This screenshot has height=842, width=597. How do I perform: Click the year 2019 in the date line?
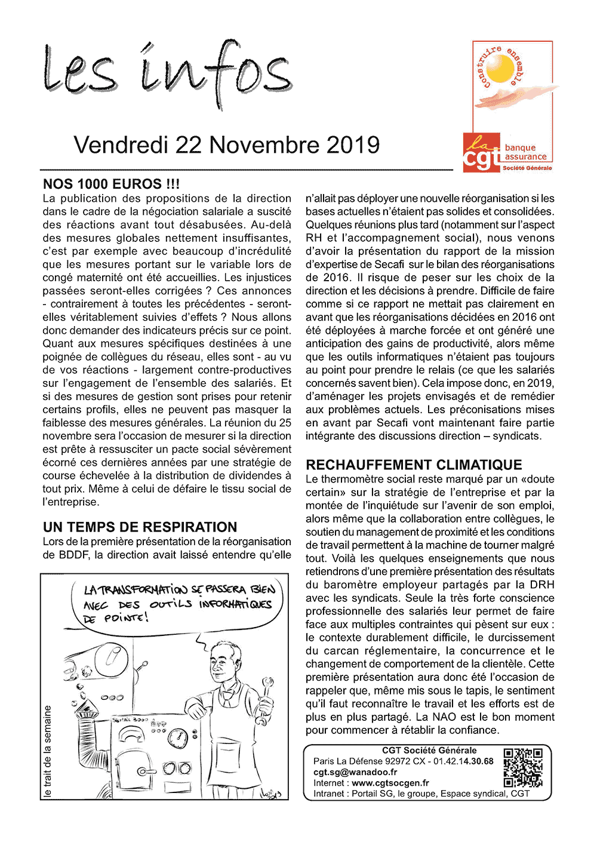click(x=353, y=145)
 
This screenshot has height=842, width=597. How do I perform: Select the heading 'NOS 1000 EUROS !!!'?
click(x=111, y=184)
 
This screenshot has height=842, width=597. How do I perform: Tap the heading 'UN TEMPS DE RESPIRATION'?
click(x=140, y=527)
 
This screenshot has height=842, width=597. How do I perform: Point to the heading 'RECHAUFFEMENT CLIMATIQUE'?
click(x=414, y=465)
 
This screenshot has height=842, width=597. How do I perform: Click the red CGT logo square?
click(x=481, y=153)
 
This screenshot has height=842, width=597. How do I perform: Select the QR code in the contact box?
click(x=523, y=767)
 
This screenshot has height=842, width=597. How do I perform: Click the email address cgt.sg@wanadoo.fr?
click(x=355, y=772)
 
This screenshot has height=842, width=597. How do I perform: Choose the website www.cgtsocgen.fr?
click(x=390, y=783)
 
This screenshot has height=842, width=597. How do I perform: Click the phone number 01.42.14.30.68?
click(x=463, y=761)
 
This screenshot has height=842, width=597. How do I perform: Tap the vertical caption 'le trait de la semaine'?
click(x=48, y=751)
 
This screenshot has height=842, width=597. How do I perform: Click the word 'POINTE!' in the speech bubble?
click(x=126, y=618)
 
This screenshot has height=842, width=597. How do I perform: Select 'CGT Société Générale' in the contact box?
click(x=429, y=751)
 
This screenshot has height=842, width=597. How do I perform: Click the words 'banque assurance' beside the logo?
click(x=525, y=152)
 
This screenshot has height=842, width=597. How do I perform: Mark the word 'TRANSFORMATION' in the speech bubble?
click(x=143, y=590)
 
